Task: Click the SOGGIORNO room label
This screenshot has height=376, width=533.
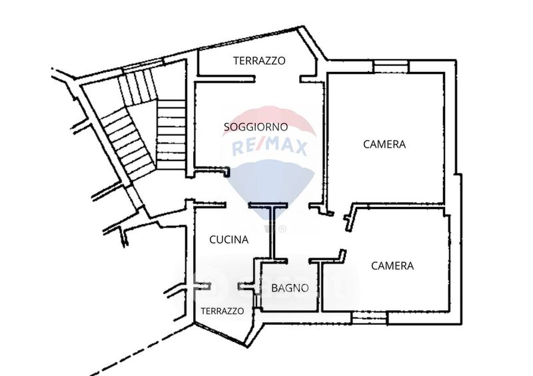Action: click(x=255, y=126)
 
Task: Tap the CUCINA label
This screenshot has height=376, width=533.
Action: click(x=229, y=240)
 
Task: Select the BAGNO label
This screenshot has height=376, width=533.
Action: click(x=290, y=288)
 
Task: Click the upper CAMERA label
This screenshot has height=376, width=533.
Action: click(x=384, y=144)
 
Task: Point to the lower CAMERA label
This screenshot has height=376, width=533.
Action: click(x=392, y=266)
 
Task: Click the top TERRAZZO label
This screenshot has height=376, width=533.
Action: click(x=259, y=61)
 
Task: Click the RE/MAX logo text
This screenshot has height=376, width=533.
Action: click(x=269, y=147)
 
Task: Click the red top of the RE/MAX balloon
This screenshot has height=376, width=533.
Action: click(x=269, y=120)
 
